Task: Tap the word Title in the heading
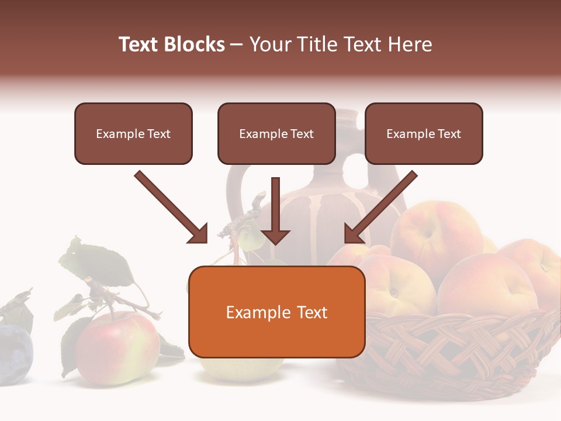tap(318, 44)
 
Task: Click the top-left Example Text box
tap(133, 134)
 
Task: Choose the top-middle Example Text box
tap(276, 134)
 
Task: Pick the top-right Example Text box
tap(424, 134)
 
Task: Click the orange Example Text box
tap(276, 312)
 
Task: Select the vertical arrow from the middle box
tap(275, 210)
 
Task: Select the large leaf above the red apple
tap(99, 263)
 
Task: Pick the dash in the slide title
tap(237, 45)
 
